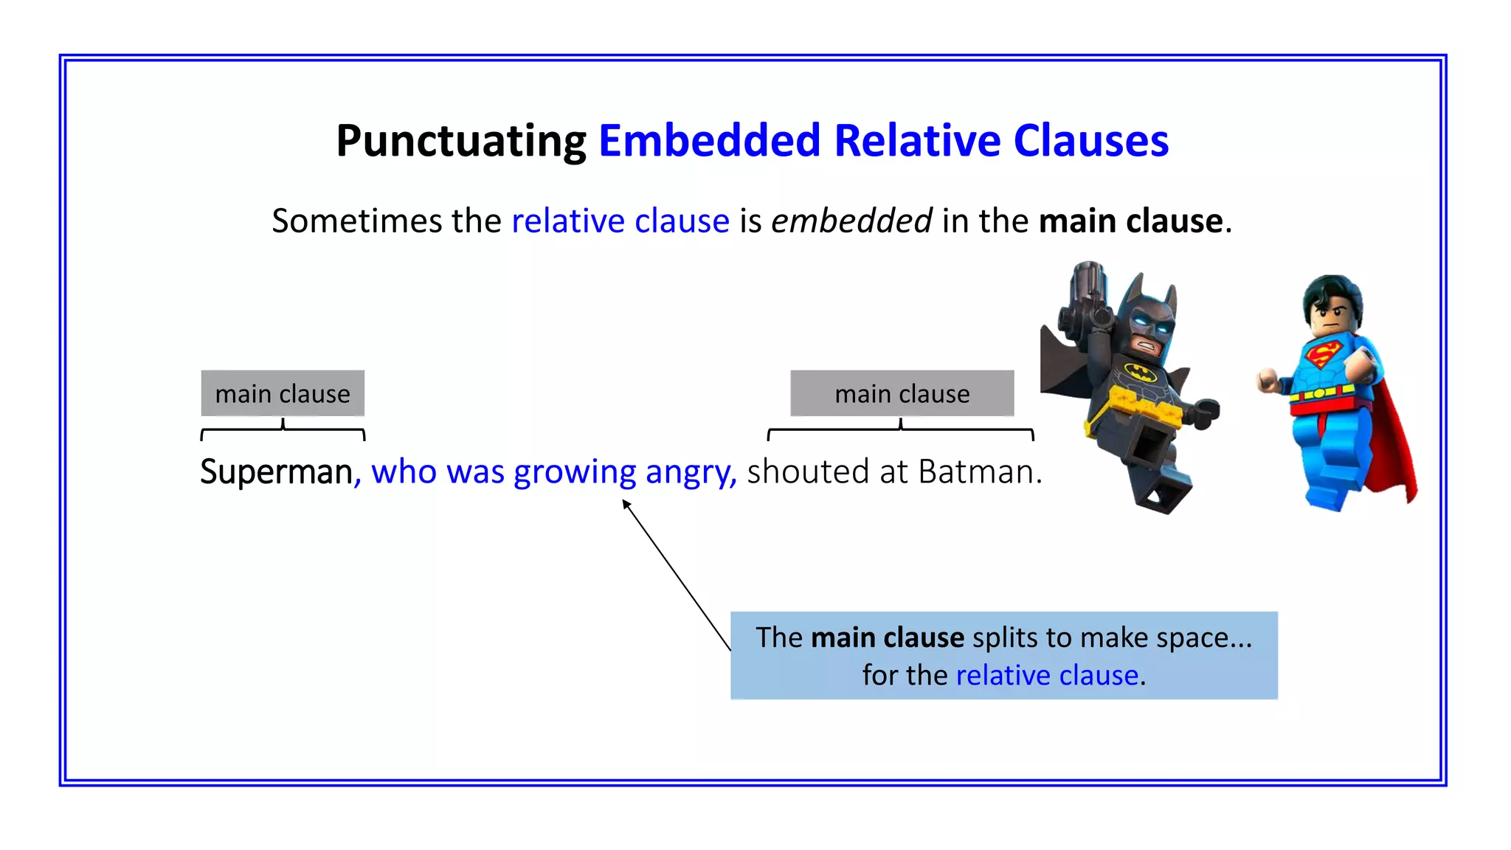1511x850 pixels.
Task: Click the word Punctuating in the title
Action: [x=461, y=141]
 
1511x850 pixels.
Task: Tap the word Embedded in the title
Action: [x=709, y=141]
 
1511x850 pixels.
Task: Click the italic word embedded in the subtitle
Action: [x=851, y=221]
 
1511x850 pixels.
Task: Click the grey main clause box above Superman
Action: [x=283, y=393]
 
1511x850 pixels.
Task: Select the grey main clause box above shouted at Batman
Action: [x=902, y=393]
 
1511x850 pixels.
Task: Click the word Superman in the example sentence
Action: [x=276, y=471]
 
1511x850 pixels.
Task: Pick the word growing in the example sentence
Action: [x=575, y=471]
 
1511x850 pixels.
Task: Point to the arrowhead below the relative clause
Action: [x=626, y=504]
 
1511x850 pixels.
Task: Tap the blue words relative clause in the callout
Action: [x=1047, y=675]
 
